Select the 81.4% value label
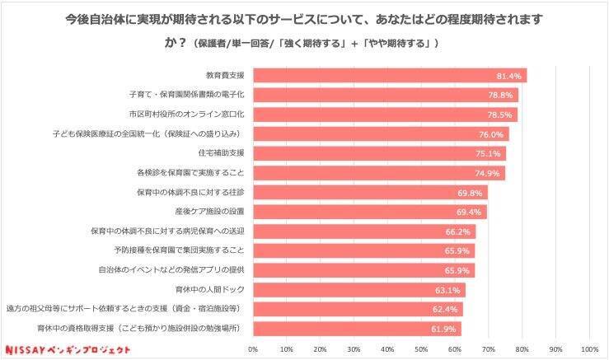click(x=508, y=76)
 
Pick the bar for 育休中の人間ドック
click(x=358, y=289)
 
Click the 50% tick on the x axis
click(x=421, y=349)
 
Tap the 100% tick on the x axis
click(x=588, y=349)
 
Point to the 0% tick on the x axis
click(x=253, y=349)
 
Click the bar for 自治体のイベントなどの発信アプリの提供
click(x=363, y=269)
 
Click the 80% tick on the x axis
click(x=522, y=349)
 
